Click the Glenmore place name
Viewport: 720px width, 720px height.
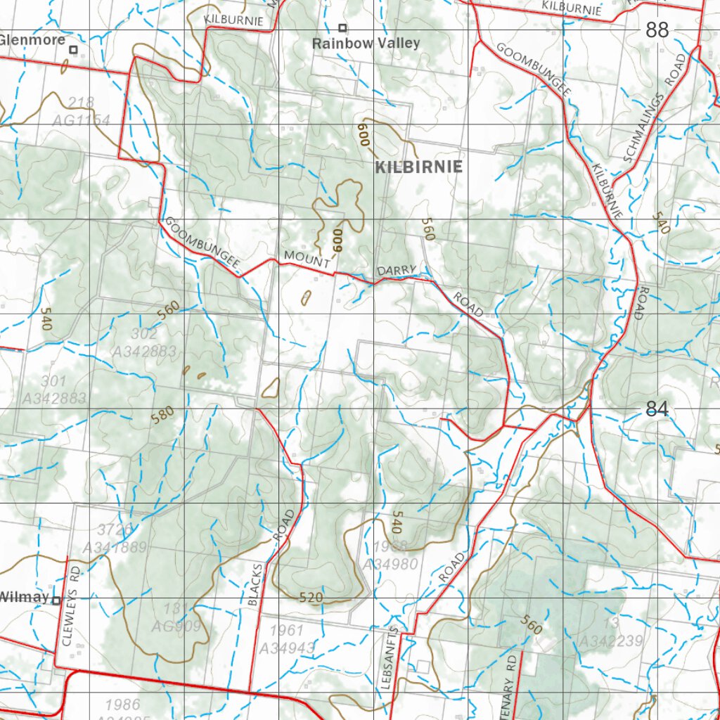click(32, 40)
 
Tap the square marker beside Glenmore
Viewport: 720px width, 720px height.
click(72, 50)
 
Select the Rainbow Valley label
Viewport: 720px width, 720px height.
click(366, 44)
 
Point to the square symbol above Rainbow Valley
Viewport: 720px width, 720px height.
click(342, 28)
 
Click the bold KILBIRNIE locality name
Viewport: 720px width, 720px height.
click(419, 167)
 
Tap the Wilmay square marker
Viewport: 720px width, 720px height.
click(56, 600)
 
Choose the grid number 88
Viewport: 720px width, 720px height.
click(657, 30)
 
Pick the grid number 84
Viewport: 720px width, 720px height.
click(657, 409)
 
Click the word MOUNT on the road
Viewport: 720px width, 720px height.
click(307, 259)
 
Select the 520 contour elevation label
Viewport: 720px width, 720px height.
click(310, 598)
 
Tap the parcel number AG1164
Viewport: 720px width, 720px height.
click(81, 120)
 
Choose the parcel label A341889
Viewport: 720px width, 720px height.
click(114, 547)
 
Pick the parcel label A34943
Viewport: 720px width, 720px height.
click(287, 647)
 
